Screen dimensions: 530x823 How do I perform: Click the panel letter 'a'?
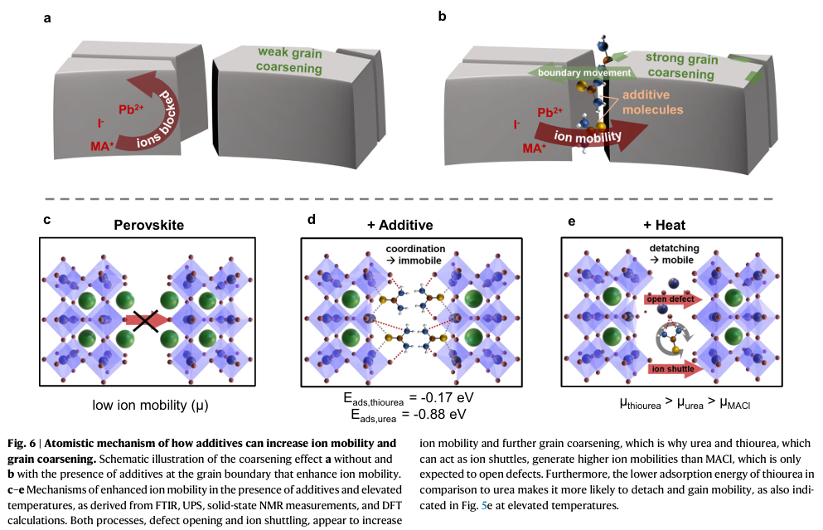pyautogui.click(x=47, y=14)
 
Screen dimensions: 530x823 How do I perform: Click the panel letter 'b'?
pyautogui.click(x=443, y=14)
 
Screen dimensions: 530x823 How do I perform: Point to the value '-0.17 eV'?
pyautogui.click(x=439, y=398)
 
